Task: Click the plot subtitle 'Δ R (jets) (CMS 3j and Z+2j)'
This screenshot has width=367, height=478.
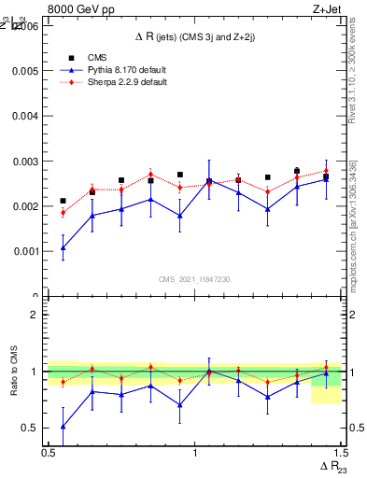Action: [194, 36]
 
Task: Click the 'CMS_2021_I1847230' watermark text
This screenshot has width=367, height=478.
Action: [194, 279]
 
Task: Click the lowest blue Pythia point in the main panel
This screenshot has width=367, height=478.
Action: [63, 247]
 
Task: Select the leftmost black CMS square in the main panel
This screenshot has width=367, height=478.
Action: [63, 201]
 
